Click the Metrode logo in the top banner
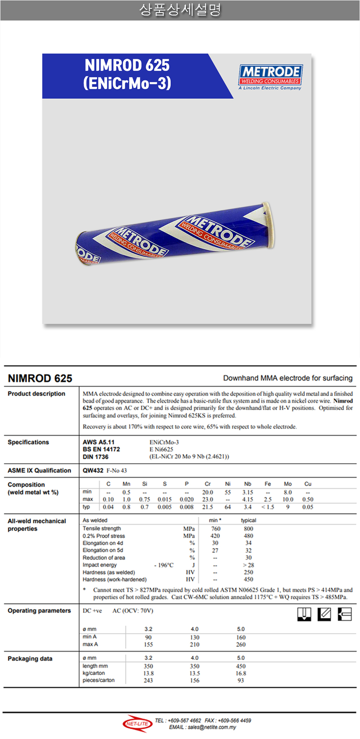pyautogui.click(x=270, y=77)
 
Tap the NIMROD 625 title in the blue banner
pyautogui.click(x=127, y=65)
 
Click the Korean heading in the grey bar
pyautogui.click(x=180, y=10)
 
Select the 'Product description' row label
pyautogui.click(x=36, y=394)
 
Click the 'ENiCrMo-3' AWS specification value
pyautogui.click(x=164, y=442)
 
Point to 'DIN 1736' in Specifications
pyautogui.click(x=95, y=457)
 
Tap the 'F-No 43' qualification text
pyautogui.click(x=117, y=470)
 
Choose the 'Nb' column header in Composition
pyautogui.click(x=248, y=484)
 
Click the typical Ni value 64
pyautogui.click(x=228, y=507)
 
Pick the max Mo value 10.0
pyautogui.click(x=288, y=500)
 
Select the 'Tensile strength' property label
pyautogui.click(x=102, y=529)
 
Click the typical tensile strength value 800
pyautogui.click(x=249, y=529)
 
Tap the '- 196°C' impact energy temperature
pyautogui.click(x=164, y=565)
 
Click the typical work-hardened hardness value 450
pyautogui.click(x=249, y=580)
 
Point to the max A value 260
pyautogui.click(x=241, y=645)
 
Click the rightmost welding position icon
pyautogui.click(x=345, y=614)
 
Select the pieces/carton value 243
pyautogui.click(x=148, y=680)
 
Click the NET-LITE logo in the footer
pyautogui.click(x=137, y=724)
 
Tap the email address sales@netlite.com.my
pyautogui.click(x=212, y=727)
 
